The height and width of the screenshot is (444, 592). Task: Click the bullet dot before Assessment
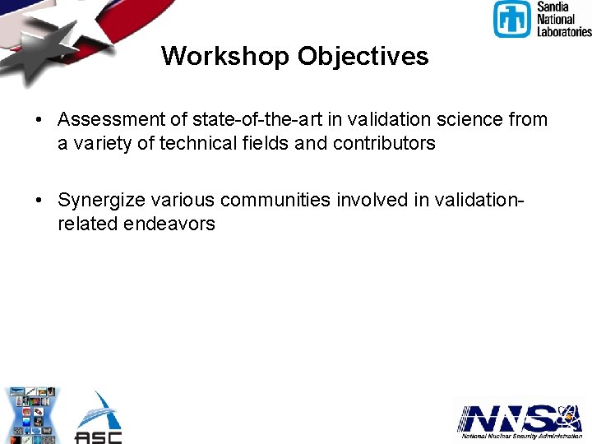[39, 120]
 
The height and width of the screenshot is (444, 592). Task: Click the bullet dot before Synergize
[39, 201]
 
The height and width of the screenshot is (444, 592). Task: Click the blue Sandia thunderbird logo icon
[511, 20]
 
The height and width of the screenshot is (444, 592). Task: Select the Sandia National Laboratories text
[563, 20]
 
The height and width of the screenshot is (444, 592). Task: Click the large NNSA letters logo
[510, 419]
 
